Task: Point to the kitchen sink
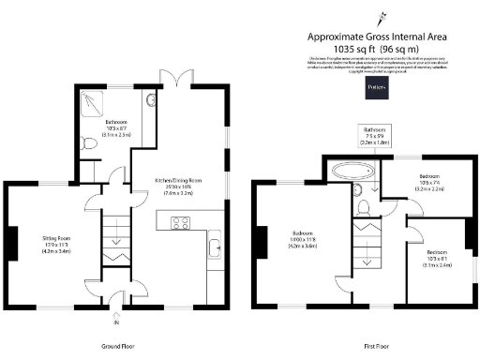click(214, 248)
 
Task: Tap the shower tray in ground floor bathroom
click(94, 102)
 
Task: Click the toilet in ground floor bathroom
click(88, 143)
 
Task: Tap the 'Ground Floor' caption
click(118, 346)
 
